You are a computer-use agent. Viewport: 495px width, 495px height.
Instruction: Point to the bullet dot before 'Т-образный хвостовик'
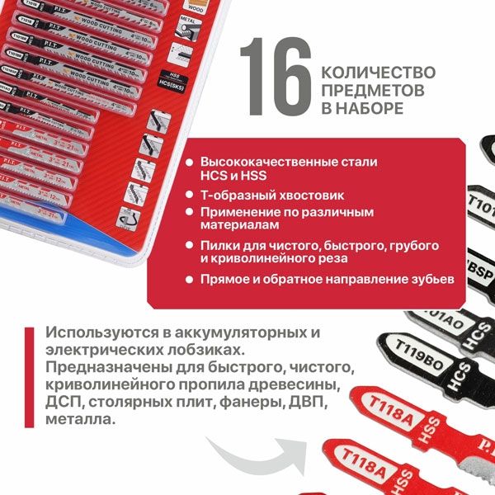[191, 196]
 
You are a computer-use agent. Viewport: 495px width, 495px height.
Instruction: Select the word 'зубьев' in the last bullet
[431, 280]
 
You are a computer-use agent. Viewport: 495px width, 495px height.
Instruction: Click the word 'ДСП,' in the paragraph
[65, 403]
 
